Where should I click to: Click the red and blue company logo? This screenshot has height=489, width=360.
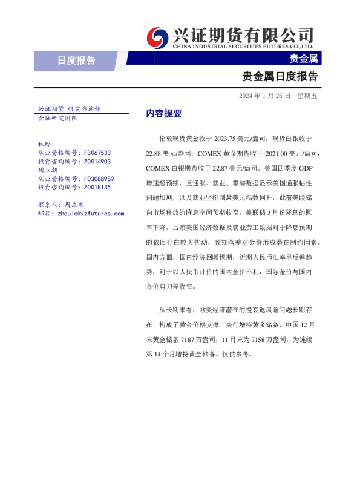(158, 38)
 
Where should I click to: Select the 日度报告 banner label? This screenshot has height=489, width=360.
(76, 60)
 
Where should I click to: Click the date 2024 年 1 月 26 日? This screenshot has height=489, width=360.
(264, 96)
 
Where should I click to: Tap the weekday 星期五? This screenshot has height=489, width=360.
(307, 96)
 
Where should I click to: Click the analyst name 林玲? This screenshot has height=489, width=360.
(44, 145)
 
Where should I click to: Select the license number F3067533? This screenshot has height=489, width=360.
(97, 154)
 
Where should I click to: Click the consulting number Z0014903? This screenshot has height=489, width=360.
(97, 162)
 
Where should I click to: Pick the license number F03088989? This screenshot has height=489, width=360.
(99, 179)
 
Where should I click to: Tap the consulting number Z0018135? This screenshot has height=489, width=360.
(97, 188)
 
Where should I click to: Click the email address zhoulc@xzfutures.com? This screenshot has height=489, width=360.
(90, 214)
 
